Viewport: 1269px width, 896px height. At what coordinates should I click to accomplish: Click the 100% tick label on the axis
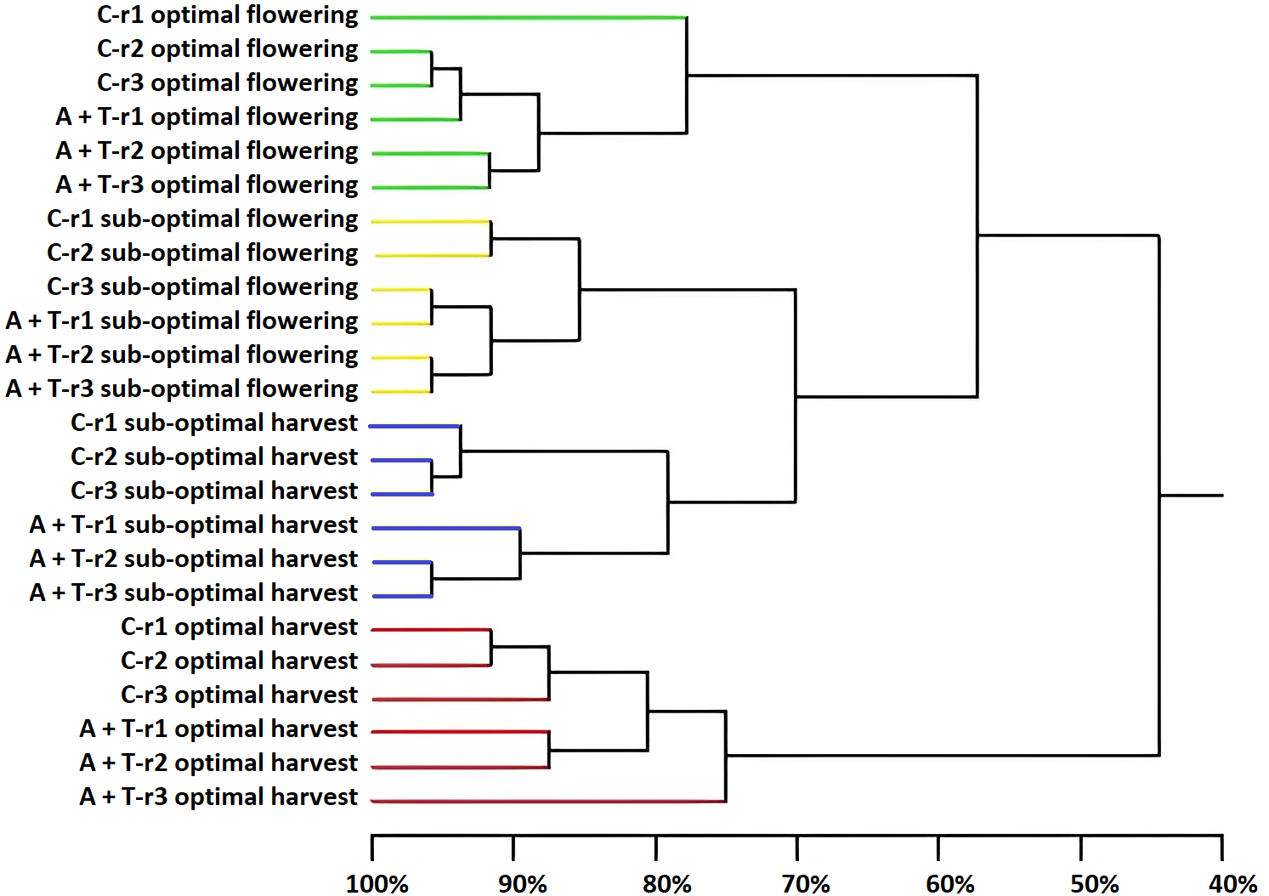[x=377, y=884]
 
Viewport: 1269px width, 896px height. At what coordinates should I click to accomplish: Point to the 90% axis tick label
[x=522, y=884]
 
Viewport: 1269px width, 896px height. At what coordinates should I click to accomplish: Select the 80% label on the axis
[x=666, y=884]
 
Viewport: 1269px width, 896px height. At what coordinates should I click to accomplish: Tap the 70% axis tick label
[x=806, y=884]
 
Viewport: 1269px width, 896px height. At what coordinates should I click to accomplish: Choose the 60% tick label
[x=949, y=884]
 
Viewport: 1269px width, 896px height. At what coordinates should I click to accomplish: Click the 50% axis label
[x=1094, y=884]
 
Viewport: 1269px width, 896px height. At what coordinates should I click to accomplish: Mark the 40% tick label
[x=1232, y=884]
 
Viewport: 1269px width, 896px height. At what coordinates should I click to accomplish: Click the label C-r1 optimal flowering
[x=227, y=15]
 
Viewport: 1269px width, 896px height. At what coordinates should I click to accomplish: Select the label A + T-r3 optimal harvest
[x=218, y=797]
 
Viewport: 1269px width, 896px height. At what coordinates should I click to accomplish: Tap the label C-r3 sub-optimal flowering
[x=202, y=287]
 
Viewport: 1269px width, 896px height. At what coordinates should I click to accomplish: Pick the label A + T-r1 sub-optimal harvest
[x=194, y=525]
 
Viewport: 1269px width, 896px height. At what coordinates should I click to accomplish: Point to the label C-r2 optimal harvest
[x=239, y=661]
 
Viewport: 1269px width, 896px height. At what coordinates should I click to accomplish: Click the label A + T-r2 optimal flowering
[x=207, y=151]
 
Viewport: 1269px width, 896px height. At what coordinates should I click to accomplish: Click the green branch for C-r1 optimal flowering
[x=527, y=17]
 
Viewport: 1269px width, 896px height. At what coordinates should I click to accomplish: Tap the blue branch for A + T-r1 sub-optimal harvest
[x=446, y=528]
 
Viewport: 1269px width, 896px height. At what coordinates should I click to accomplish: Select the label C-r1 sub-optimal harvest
[x=214, y=422]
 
